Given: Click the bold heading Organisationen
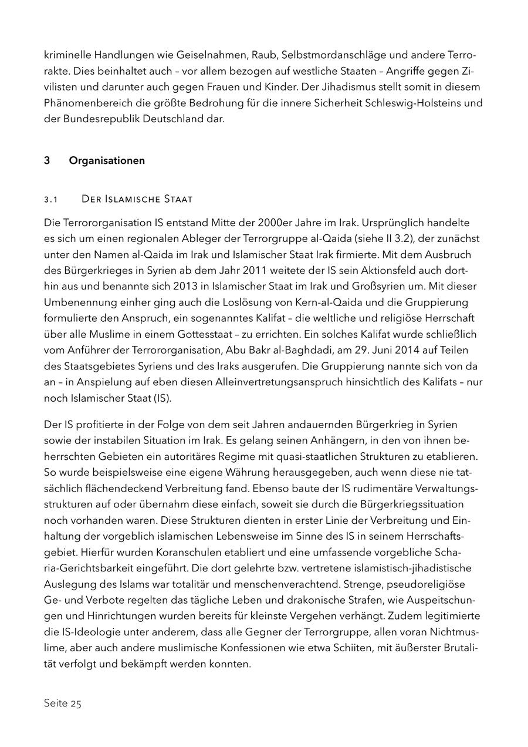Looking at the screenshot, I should coord(107,160).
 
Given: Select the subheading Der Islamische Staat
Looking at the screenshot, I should coord(137,199).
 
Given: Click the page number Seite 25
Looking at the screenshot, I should coord(62,704).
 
